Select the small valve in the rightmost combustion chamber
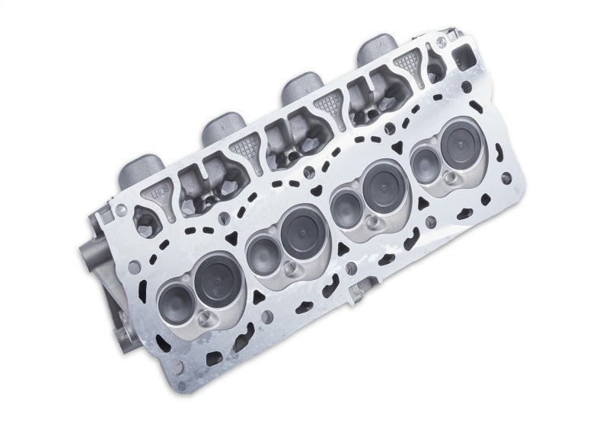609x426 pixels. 422,164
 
